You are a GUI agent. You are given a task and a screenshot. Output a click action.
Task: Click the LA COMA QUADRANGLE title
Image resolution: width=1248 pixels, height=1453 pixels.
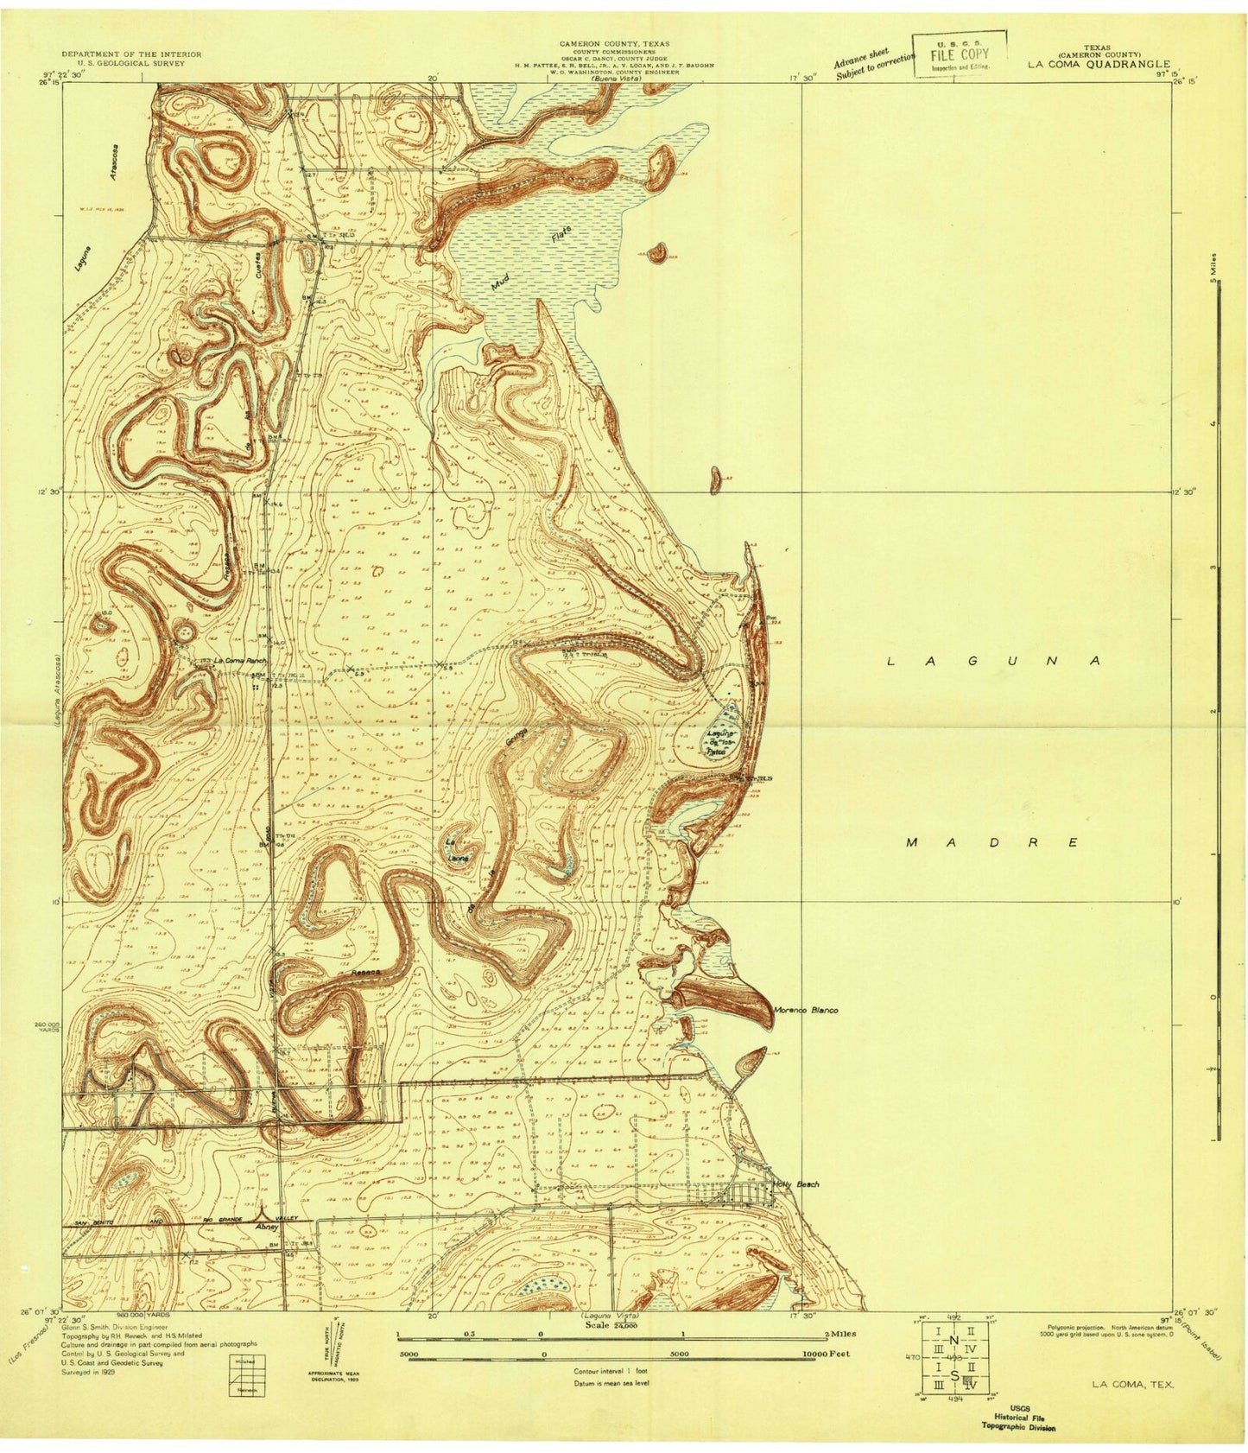[x=1097, y=64]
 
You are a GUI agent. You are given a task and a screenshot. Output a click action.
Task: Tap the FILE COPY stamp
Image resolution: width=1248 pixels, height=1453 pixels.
[x=959, y=54]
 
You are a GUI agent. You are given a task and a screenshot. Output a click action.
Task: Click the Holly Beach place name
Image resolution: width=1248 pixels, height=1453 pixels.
[x=796, y=1183]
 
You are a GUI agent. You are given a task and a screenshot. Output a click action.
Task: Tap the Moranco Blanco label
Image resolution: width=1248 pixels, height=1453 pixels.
[x=806, y=1010]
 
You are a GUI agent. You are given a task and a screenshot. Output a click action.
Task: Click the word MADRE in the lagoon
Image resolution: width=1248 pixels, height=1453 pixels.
[x=993, y=842]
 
